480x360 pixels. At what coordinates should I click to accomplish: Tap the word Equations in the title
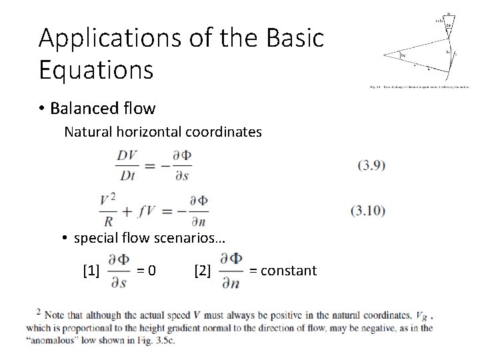(x=96, y=68)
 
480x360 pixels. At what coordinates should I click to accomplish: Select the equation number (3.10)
(x=367, y=211)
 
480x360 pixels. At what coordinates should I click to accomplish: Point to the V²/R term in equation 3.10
(x=111, y=211)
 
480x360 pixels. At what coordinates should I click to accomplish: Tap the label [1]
(x=91, y=271)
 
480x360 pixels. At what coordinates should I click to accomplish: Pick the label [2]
(x=202, y=271)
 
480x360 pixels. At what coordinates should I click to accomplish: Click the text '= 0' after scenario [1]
(x=147, y=271)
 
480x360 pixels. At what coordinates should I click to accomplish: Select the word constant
(x=289, y=271)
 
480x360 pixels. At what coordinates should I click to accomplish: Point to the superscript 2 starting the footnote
(x=39, y=311)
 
